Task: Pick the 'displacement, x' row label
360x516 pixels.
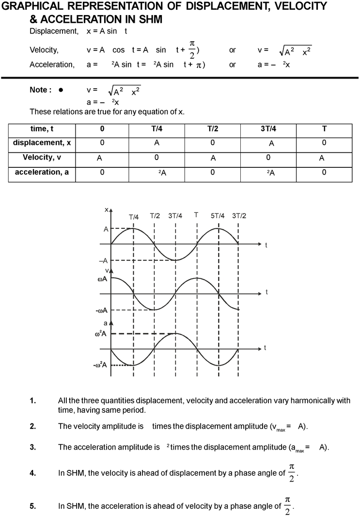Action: pyautogui.click(x=42, y=143)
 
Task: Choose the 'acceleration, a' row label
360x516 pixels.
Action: pyautogui.click(x=42, y=172)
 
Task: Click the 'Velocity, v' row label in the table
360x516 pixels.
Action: pyautogui.click(x=42, y=158)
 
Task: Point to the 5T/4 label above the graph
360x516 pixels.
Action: pyautogui.click(x=218, y=216)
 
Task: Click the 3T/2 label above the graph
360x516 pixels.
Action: pyautogui.click(x=239, y=216)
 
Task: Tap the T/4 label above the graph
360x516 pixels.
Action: pyautogui.click(x=134, y=217)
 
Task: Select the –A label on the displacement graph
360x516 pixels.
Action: pyautogui.click(x=103, y=260)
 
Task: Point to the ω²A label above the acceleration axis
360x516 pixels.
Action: pyautogui.click(x=101, y=334)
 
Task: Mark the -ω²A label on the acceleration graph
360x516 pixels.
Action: pyautogui.click(x=100, y=365)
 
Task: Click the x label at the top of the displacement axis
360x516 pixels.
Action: pyautogui.click(x=106, y=209)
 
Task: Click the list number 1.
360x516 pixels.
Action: pyautogui.click(x=33, y=401)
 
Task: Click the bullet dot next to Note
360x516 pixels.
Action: pyautogui.click(x=61, y=90)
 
